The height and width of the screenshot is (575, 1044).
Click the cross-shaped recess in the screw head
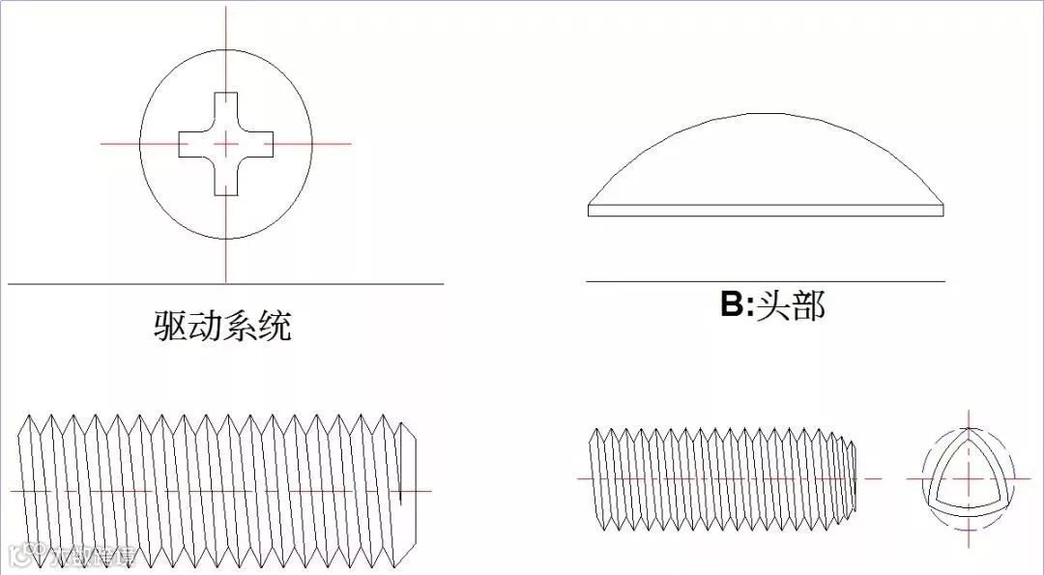click(225, 144)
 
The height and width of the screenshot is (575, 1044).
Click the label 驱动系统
click(222, 326)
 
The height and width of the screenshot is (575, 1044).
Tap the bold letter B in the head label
click(732, 305)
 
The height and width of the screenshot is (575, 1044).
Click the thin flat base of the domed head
click(766, 210)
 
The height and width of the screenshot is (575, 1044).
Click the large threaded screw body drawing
click(217, 491)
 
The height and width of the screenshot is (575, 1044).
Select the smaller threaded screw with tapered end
click(720, 478)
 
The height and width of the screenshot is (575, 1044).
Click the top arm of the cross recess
click(225, 107)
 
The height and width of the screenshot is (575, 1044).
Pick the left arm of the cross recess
click(191, 144)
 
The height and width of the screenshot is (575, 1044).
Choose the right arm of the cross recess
click(259, 144)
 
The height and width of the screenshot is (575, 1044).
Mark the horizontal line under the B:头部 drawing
click(766, 281)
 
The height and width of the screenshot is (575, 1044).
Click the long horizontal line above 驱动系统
click(225, 284)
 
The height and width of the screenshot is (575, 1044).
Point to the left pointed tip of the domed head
click(592, 209)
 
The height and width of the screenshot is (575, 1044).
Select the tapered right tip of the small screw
click(851, 478)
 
